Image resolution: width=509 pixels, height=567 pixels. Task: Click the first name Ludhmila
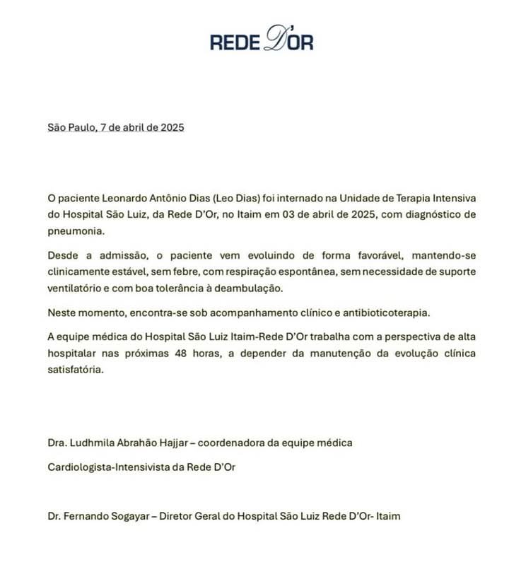pyautogui.click(x=96, y=443)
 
